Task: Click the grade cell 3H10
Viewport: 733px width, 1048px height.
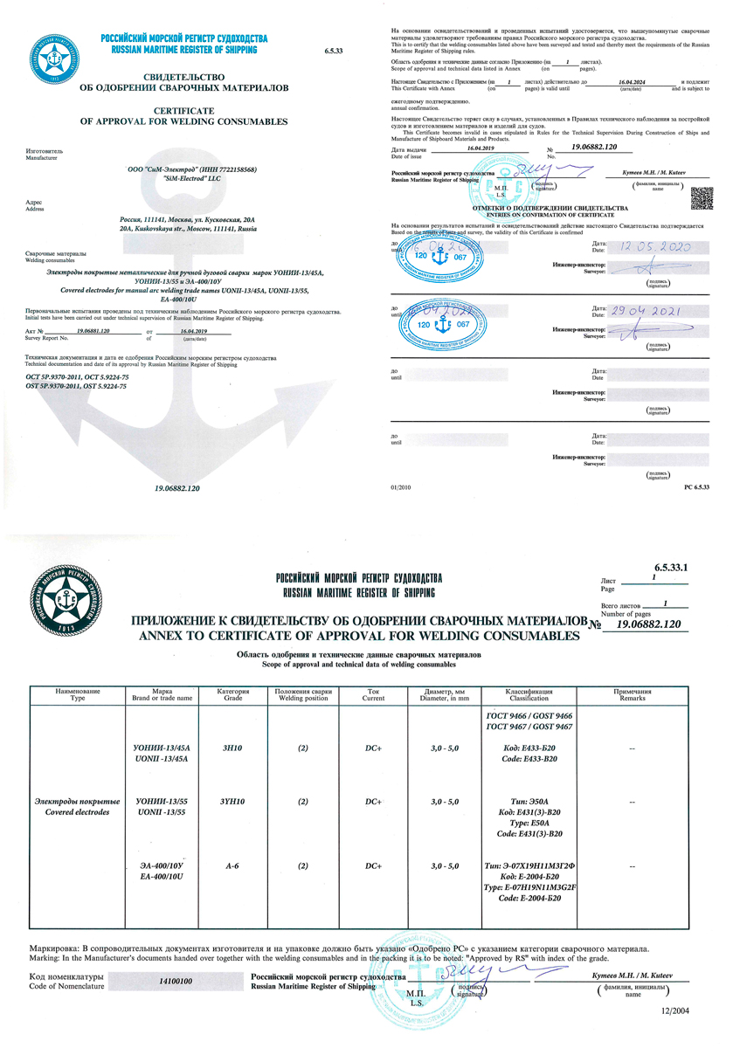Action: (x=232, y=748)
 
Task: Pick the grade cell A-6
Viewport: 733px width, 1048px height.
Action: (x=232, y=865)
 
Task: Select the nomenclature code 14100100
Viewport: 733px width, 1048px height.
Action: (x=176, y=981)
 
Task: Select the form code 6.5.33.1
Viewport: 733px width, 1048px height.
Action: (x=671, y=568)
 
